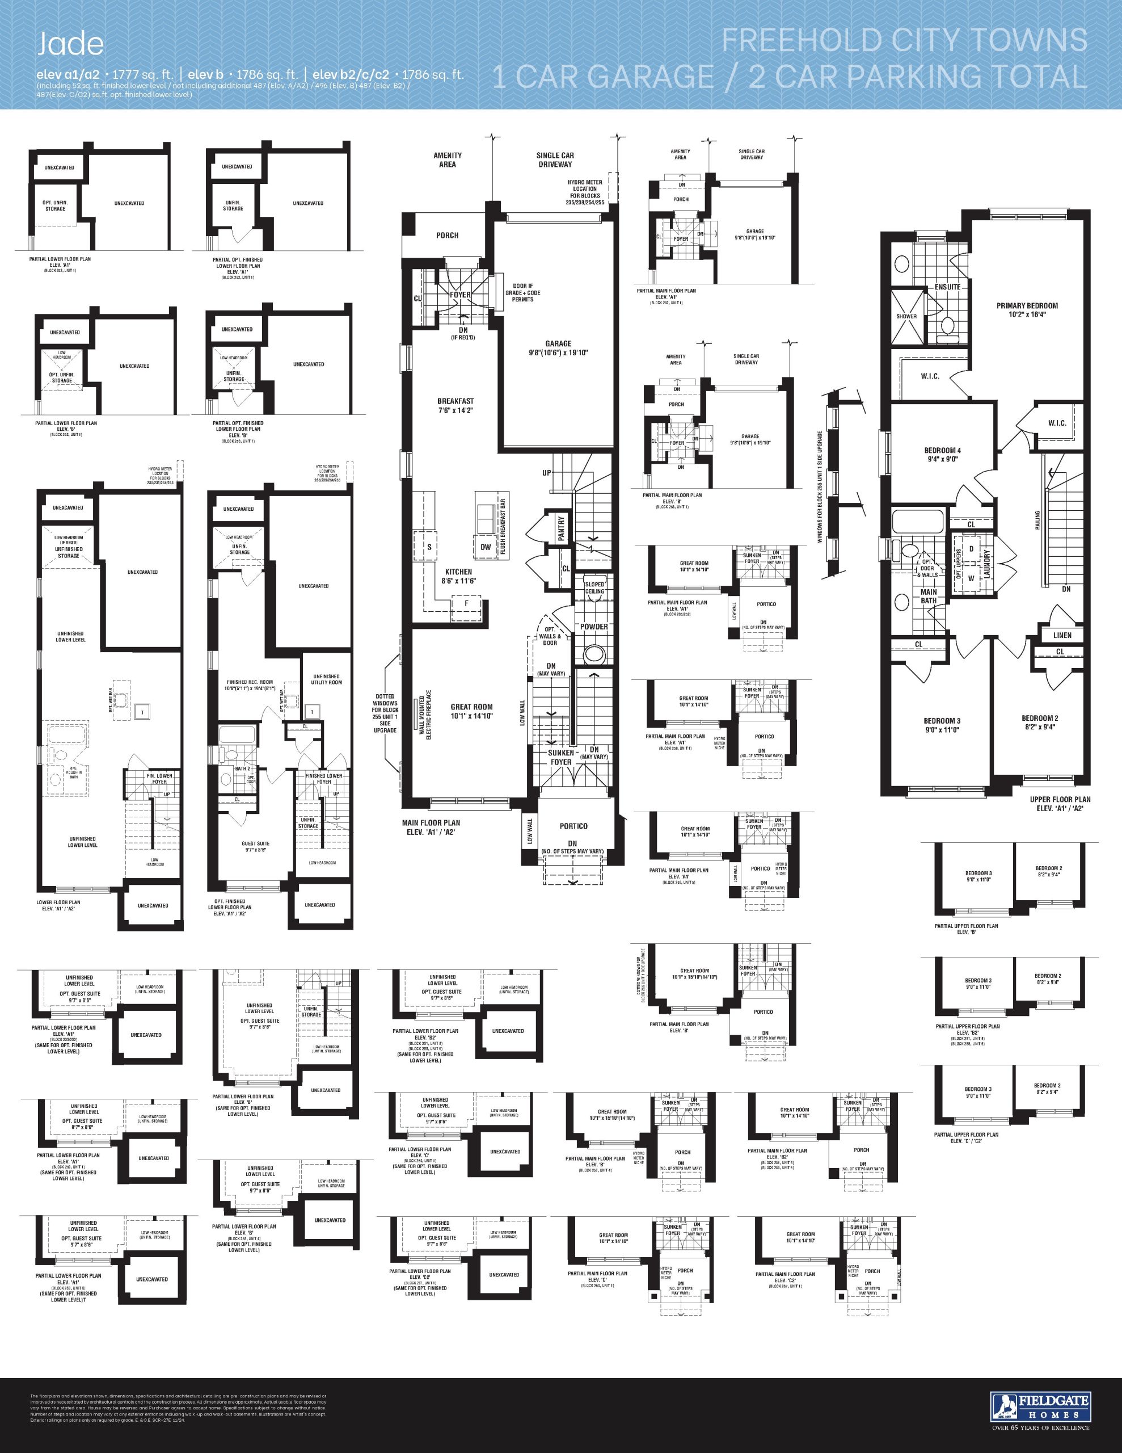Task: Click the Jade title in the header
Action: pos(70,44)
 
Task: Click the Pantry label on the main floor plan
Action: pos(562,529)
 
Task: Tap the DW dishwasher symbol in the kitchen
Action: pos(486,547)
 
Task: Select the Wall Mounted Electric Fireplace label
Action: pos(421,715)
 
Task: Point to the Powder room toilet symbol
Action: pos(593,654)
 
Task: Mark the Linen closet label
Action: pos(1062,635)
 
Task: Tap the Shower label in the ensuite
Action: pos(906,316)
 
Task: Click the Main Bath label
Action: pos(929,596)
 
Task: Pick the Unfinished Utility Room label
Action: pos(326,679)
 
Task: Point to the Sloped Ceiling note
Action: pos(594,587)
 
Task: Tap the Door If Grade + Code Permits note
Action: pos(523,293)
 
